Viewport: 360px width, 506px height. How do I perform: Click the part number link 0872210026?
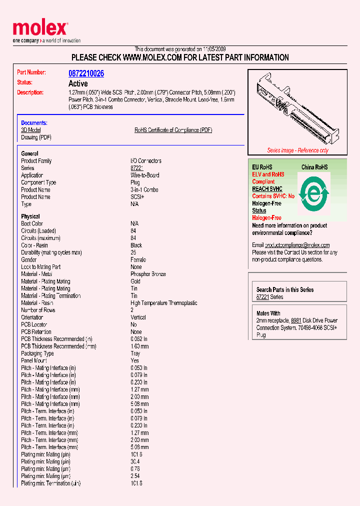[x=86, y=73]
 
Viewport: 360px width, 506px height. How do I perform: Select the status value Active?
[x=78, y=83]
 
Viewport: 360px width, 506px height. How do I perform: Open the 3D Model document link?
[x=31, y=130]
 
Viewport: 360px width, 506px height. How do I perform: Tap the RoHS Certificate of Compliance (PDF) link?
[x=173, y=130]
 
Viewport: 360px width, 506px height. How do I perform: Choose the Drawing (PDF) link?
[x=36, y=137]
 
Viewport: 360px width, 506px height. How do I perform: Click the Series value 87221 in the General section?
[x=136, y=168]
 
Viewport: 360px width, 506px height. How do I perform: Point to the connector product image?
[x=297, y=110]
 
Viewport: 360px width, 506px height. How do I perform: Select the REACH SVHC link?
[x=267, y=189]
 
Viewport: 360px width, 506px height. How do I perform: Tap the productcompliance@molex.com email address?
[x=297, y=245]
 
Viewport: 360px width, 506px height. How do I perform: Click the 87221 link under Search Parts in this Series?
[x=263, y=297]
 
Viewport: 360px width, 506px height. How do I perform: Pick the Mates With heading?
[x=268, y=313]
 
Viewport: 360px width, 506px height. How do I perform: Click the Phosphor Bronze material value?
[x=148, y=274]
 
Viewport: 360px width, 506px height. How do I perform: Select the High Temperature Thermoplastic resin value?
[x=163, y=303]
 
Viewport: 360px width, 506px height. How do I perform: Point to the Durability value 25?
[x=133, y=252]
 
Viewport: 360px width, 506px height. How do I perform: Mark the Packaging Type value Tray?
[x=135, y=353]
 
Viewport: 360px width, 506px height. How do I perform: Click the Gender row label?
[x=29, y=260]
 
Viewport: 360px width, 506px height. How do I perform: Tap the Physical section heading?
[x=30, y=216]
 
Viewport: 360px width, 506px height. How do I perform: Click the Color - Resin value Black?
[x=136, y=245]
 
